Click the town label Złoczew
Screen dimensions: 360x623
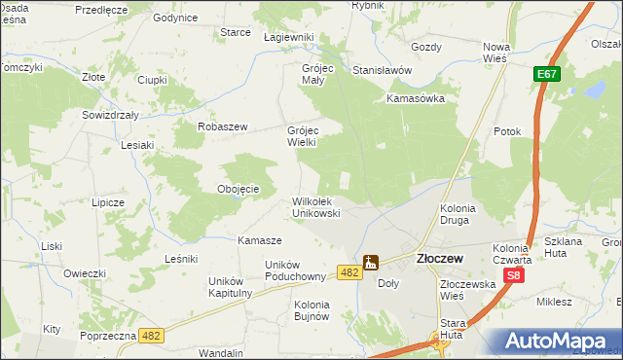tap(438, 260)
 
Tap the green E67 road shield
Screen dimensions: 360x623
tap(545, 75)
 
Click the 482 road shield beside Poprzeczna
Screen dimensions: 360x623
tap(151, 335)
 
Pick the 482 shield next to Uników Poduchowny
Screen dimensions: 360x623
tap(351, 272)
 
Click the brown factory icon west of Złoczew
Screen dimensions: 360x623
tap(371, 262)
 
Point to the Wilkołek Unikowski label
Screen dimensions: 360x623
tap(315, 207)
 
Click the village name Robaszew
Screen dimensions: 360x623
tap(224, 127)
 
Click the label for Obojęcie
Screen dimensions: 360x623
tap(238, 189)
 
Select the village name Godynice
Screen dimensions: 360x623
tap(176, 18)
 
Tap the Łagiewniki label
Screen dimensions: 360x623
tap(289, 37)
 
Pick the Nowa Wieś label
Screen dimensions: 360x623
tap(497, 53)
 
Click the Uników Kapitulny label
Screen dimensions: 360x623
tap(231, 287)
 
